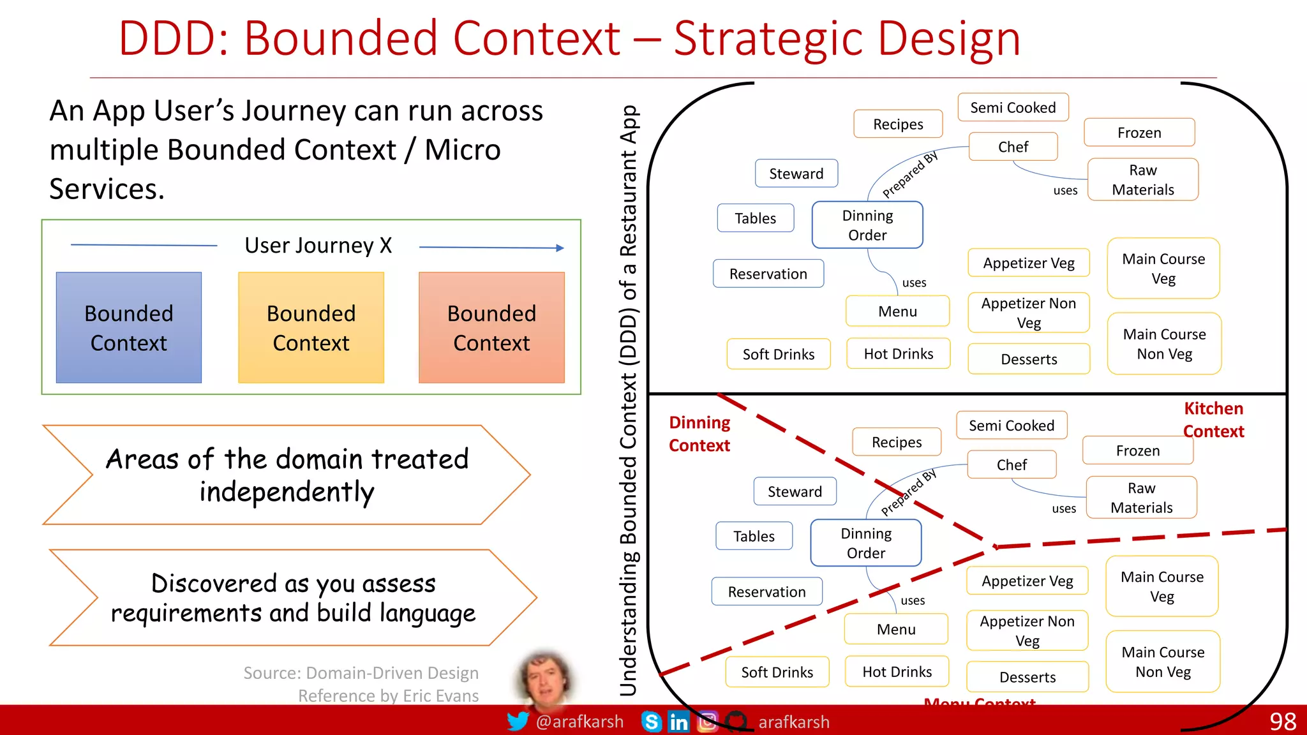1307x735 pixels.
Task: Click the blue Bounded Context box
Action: click(x=128, y=327)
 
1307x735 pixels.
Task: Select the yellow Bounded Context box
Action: click(x=311, y=327)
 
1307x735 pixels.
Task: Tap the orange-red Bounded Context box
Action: click(x=491, y=327)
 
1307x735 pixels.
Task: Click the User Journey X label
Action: click(x=318, y=246)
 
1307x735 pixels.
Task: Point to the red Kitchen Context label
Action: click(x=1213, y=420)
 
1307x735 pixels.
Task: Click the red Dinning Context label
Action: click(x=699, y=434)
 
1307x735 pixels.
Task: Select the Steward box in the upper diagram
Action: click(x=796, y=174)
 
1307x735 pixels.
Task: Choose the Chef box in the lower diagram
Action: click(x=1012, y=465)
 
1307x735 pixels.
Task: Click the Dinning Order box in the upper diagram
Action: click(x=867, y=225)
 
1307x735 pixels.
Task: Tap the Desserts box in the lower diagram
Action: click(x=1027, y=677)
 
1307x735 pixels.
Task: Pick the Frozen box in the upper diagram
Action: click(x=1139, y=133)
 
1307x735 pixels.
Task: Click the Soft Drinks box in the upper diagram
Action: click(x=779, y=354)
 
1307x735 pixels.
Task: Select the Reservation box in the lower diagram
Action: click(x=766, y=592)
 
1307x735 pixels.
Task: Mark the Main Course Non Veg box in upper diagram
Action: click(x=1164, y=344)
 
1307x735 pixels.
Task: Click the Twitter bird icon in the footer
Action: click(x=518, y=722)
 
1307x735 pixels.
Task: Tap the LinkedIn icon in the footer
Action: click(x=678, y=722)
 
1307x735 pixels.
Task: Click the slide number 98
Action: click(x=1282, y=722)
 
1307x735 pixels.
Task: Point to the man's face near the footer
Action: click(x=544, y=679)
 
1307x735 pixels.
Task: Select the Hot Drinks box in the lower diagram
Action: click(x=897, y=672)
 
